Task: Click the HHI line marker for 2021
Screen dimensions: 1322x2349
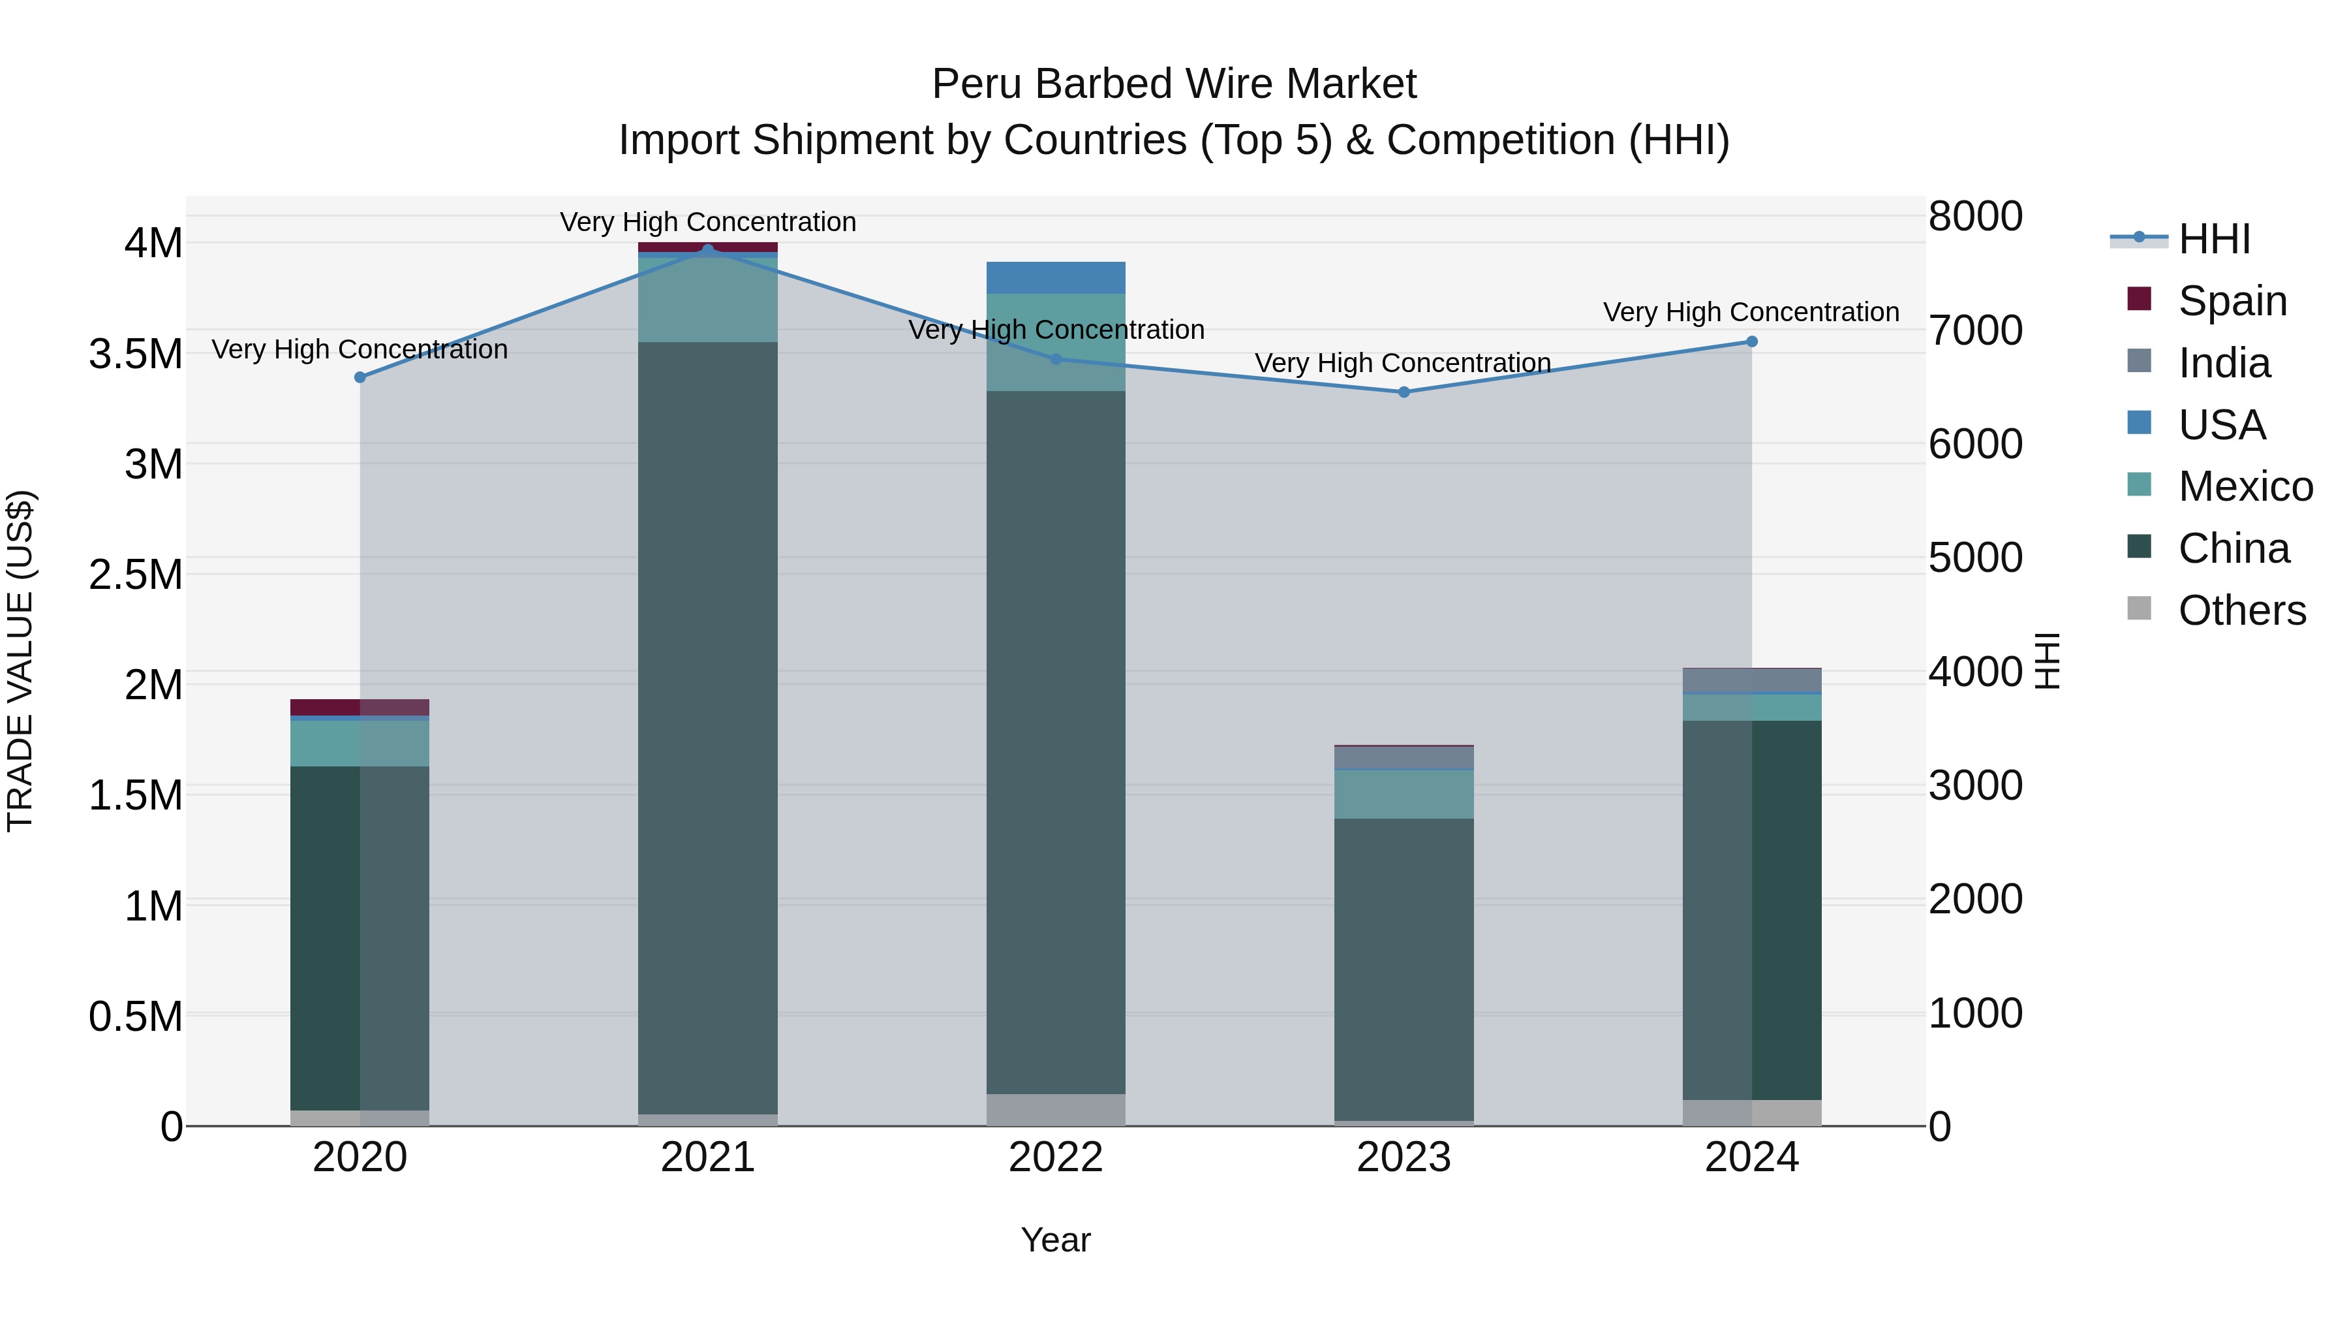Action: tap(707, 249)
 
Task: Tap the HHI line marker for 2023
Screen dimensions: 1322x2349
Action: tap(1404, 392)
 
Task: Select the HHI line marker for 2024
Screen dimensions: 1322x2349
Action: tap(1752, 342)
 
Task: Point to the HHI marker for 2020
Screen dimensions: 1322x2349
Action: tap(360, 377)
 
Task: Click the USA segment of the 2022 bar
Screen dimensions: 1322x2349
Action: tap(1056, 277)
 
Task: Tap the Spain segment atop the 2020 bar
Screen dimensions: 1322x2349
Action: tap(360, 707)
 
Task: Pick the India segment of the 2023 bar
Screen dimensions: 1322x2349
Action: tap(1404, 758)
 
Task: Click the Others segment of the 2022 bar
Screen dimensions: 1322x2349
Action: tap(1056, 1109)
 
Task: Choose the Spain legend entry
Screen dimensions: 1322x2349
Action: tap(2232, 301)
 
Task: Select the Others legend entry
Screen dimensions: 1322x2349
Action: tap(2241, 610)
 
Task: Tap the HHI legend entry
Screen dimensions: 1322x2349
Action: tap(2214, 239)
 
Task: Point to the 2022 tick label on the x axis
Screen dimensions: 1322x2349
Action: tap(1056, 1157)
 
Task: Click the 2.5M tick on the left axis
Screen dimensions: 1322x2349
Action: tap(136, 574)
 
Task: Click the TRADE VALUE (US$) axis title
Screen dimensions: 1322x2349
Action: tap(20, 661)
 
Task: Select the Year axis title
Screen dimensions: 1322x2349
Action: tap(1056, 1240)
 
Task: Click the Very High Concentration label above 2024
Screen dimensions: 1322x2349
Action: tap(1751, 312)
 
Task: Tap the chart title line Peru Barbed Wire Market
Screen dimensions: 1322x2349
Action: tap(1174, 84)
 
